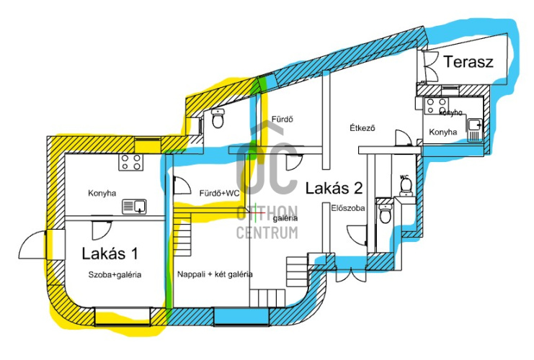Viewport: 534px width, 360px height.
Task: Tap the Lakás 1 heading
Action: (x=110, y=253)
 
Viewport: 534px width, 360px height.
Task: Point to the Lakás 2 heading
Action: (x=333, y=189)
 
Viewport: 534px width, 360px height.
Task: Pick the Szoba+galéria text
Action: (x=115, y=274)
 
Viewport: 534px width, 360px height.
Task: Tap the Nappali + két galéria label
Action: (x=215, y=274)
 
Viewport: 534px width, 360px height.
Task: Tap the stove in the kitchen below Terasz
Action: (x=435, y=107)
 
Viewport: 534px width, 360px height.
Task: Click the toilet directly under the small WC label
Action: (x=406, y=186)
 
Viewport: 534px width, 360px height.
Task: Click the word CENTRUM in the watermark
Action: (x=267, y=233)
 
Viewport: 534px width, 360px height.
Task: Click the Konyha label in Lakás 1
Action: (x=102, y=192)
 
